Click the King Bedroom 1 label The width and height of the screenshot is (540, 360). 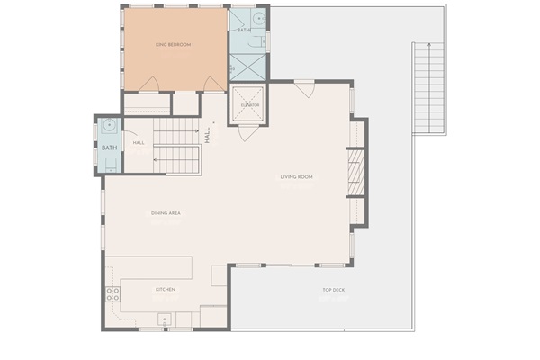[x=175, y=44]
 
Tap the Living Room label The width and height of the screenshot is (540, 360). [x=296, y=176]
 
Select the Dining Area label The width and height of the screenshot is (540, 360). [x=166, y=213]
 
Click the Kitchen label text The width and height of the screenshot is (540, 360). [x=166, y=290]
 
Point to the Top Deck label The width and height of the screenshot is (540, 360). [x=333, y=290]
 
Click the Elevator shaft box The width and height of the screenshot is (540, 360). [x=250, y=104]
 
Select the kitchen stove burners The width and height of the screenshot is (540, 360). [x=113, y=293]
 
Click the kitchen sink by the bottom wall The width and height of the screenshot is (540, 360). [x=166, y=317]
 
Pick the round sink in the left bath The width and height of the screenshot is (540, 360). [x=108, y=127]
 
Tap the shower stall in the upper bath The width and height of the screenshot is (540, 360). [x=243, y=66]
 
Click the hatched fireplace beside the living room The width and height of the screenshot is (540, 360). [x=356, y=171]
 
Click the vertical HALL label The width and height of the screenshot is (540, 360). [x=207, y=135]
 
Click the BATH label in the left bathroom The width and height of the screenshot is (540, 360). [x=109, y=148]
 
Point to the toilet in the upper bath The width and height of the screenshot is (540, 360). [x=265, y=40]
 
